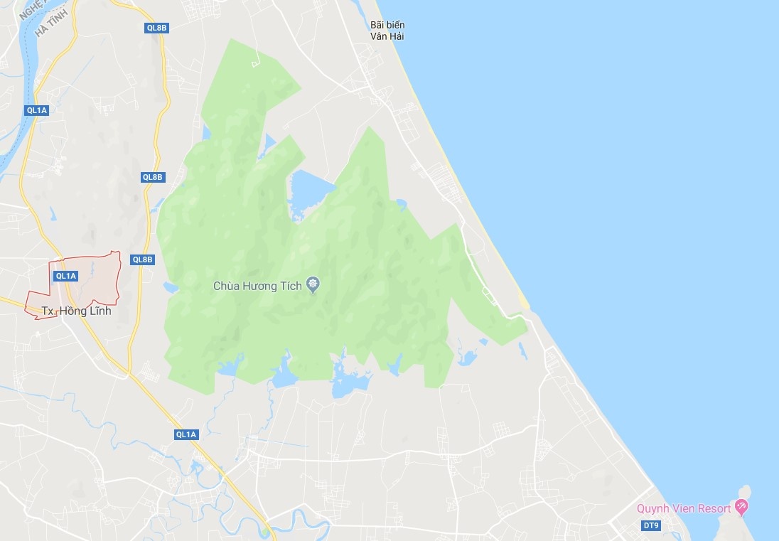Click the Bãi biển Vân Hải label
387,30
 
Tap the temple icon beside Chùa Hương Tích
313,286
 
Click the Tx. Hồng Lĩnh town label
76,311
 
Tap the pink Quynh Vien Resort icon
741,507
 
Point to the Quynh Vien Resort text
684,508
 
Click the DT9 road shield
650,525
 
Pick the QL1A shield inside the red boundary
65,276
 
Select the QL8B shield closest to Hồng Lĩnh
143,259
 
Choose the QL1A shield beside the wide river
36,110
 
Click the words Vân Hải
387,36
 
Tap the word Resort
714,508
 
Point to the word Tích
291,286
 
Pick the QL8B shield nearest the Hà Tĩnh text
156,28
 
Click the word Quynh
652,508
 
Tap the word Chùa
227,286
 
